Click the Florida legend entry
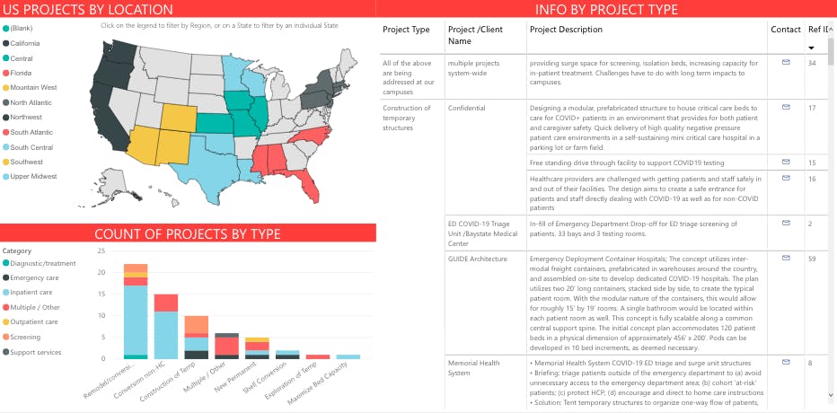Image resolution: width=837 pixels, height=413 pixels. point(23,73)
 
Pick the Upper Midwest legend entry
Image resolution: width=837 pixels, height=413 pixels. point(34,176)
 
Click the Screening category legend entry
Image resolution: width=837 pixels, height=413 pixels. point(27,337)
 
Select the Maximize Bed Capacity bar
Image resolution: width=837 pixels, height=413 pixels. point(348,356)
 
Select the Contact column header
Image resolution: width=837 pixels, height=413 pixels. point(785,30)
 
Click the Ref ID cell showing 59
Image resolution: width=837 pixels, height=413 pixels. point(812,259)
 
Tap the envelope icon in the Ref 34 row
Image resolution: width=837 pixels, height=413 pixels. point(786,62)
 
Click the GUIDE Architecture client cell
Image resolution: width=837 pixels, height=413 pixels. point(477,259)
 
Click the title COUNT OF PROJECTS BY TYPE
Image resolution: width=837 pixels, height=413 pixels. point(188,234)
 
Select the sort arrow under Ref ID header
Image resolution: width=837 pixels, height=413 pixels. point(812,48)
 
